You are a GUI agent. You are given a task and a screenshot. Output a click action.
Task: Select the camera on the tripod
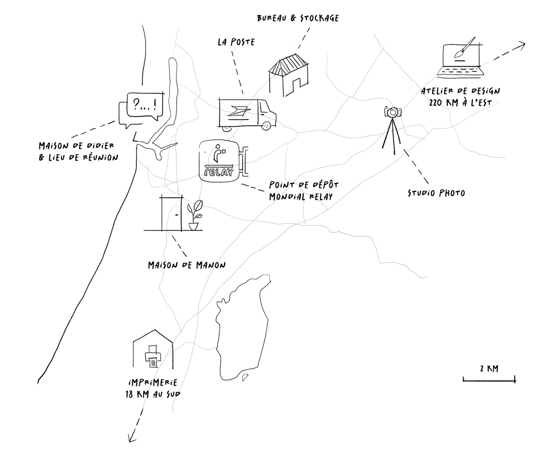click(x=392, y=112)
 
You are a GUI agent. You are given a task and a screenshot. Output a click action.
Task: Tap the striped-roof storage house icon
click(x=289, y=75)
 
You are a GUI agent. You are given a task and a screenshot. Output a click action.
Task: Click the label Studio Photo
click(x=436, y=193)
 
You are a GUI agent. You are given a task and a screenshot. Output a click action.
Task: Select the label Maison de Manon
click(x=187, y=265)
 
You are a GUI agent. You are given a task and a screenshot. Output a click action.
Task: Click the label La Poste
click(x=236, y=42)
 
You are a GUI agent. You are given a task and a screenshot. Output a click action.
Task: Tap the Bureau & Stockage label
click(x=298, y=18)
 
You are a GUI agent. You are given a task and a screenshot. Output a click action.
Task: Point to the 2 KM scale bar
click(x=489, y=380)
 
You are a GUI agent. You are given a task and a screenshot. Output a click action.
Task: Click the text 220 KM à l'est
click(x=460, y=102)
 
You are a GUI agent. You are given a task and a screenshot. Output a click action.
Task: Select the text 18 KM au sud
click(x=153, y=394)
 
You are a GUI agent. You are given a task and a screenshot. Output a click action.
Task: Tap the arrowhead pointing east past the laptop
click(x=523, y=45)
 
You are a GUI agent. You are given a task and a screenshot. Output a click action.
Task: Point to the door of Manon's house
click(x=171, y=213)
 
